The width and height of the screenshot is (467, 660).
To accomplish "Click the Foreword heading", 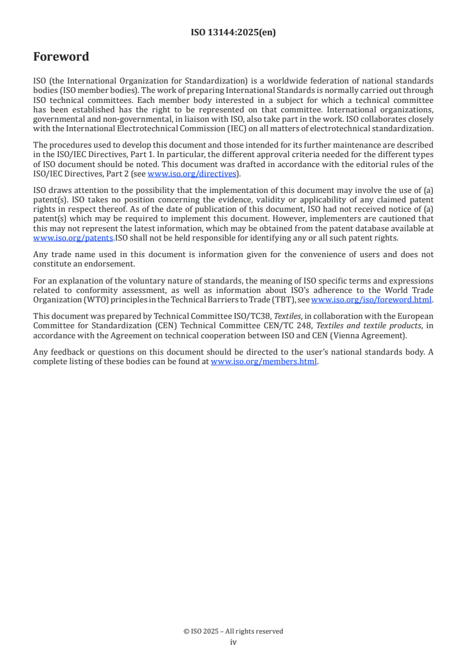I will [61, 57].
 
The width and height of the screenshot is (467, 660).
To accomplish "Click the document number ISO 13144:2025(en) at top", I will [233, 33].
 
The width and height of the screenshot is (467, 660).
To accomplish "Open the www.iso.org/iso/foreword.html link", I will [372, 299].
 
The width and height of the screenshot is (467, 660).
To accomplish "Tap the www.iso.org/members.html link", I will [264, 362].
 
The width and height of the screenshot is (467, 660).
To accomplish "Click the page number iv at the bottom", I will [233, 642].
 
